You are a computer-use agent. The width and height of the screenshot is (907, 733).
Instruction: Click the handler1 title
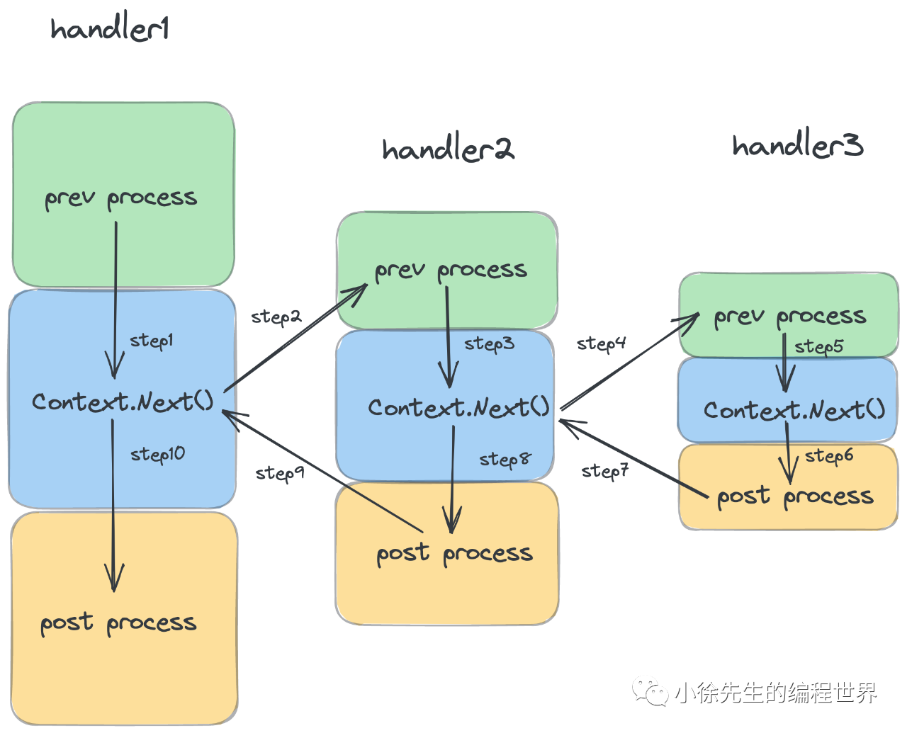click(x=110, y=29)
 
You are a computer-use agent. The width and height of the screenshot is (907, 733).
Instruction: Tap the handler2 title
click(x=448, y=149)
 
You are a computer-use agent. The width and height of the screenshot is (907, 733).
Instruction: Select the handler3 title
click(x=797, y=145)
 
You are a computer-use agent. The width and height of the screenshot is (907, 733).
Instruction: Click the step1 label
click(x=151, y=341)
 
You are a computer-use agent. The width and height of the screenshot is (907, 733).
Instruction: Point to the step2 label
click(x=276, y=317)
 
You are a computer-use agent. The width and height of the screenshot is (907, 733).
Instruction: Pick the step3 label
click(x=489, y=344)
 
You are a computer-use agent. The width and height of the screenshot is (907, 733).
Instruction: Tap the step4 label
click(x=601, y=344)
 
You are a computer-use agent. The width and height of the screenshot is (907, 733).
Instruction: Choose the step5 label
click(x=818, y=346)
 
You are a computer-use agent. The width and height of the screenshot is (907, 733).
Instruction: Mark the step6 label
click(x=829, y=456)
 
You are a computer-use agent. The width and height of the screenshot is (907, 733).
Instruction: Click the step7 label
click(x=604, y=471)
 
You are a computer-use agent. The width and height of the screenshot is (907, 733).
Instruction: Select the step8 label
click(x=505, y=460)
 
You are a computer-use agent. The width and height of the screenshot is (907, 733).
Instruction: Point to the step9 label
click(x=280, y=473)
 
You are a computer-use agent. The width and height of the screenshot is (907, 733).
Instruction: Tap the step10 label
click(x=157, y=454)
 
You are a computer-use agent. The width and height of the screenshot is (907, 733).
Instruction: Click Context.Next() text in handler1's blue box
click(x=123, y=402)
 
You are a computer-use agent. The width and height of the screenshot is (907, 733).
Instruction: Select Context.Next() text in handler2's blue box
click(x=458, y=407)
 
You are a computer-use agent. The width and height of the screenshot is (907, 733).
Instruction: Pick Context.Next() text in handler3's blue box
click(x=794, y=410)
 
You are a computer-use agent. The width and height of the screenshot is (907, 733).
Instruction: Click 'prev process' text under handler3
click(x=789, y=317)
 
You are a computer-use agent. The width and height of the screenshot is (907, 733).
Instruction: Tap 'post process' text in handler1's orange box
click(x=118, y=623)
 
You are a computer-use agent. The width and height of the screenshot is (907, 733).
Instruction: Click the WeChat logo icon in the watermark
click(x=650, y=691)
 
